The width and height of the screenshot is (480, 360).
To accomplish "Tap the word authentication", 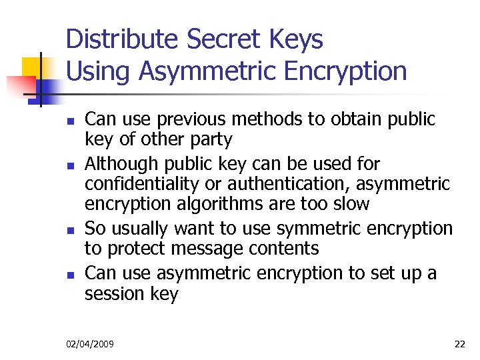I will click(x=308, y=183).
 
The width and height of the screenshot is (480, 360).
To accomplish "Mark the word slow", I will click(x=349, y=204).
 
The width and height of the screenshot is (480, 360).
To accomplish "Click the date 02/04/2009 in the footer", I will click(x=90, y=344).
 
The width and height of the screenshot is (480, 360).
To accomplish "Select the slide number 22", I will click(x=459, y=344).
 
